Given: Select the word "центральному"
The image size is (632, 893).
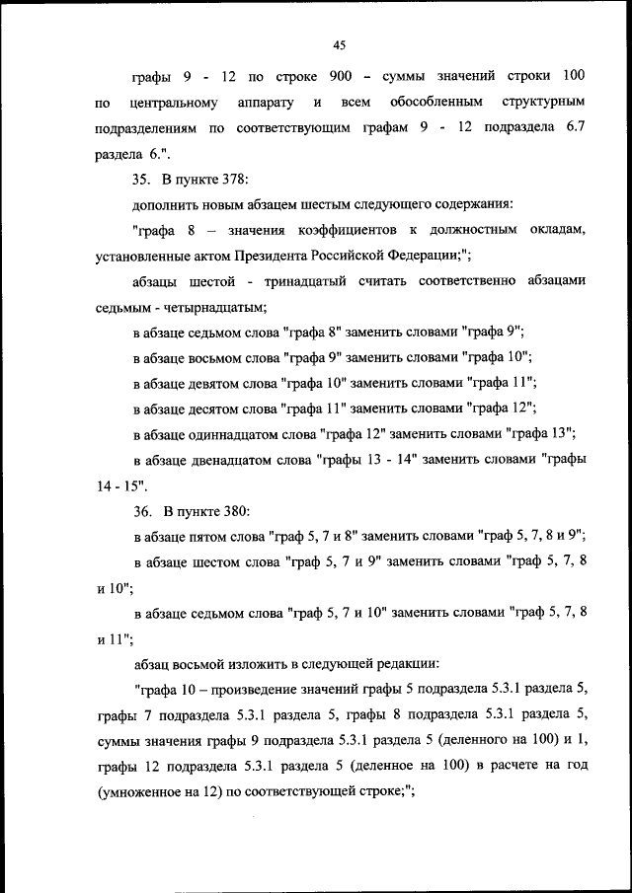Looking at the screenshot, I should [166, 103].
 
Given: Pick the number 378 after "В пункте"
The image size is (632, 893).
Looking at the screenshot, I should [234, 179].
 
